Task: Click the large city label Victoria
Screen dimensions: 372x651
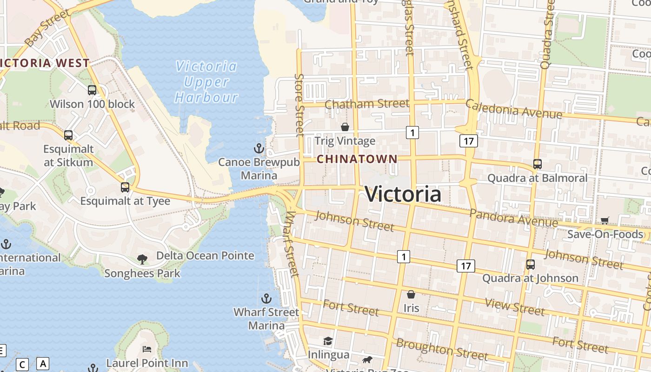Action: pos(403,194)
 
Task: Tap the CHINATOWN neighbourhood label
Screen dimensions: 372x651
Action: pos(357,159)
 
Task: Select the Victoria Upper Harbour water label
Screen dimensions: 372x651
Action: pos(206,82)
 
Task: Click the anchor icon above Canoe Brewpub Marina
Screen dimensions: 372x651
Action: pos(259,149)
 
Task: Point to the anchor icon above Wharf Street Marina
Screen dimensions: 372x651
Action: pos(266,299)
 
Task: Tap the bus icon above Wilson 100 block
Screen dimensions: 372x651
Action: pos(92,90)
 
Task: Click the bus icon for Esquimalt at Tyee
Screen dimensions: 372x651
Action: pos(125,187)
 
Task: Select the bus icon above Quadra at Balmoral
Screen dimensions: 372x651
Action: pos(537,164)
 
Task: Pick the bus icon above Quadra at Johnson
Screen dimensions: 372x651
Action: pos(530,265)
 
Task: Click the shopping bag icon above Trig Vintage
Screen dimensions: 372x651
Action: pos(345,127)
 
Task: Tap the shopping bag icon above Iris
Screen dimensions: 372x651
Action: pos(411,294)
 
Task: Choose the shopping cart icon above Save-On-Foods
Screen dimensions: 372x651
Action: pos(604,220)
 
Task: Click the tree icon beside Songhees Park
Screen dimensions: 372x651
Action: pos(142,259)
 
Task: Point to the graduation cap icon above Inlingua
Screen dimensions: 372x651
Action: pos(328,341)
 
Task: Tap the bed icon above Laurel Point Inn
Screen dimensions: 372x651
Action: pos(147,349)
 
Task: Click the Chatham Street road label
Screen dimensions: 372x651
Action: pos(367,104)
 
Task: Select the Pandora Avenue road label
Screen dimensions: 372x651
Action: pos(513,217)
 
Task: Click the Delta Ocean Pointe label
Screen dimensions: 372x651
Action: pos(205,256)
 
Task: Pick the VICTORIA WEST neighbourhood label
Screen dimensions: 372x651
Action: pos(45,63)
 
